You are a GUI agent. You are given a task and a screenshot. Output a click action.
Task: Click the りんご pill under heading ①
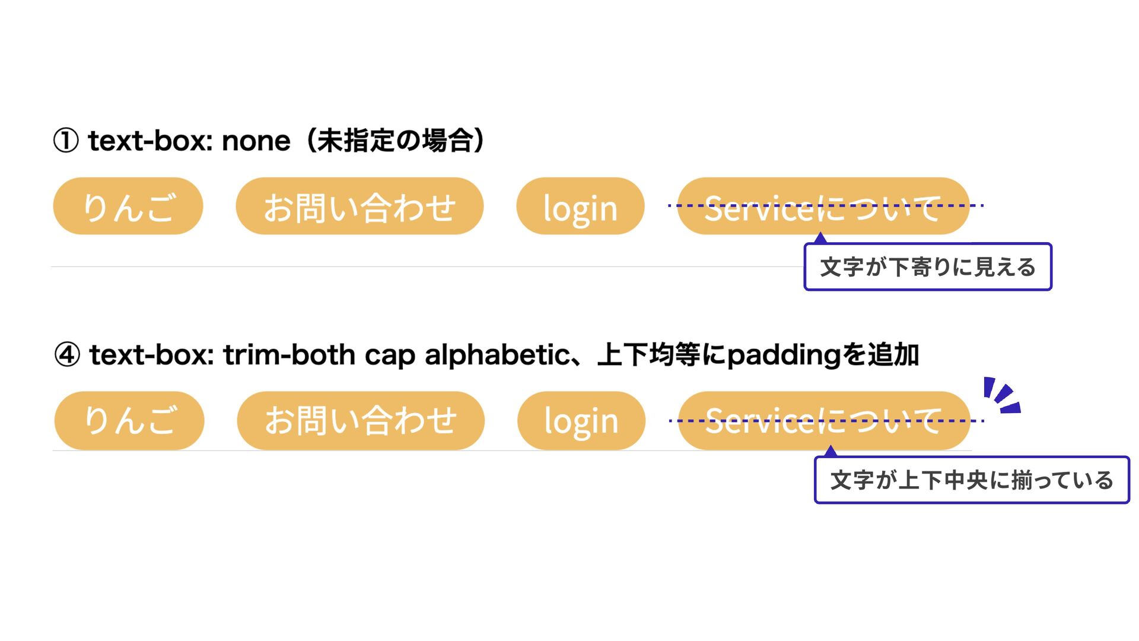128,206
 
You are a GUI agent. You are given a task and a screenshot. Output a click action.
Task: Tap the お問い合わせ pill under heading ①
359,206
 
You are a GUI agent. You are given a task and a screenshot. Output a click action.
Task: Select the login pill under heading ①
580,206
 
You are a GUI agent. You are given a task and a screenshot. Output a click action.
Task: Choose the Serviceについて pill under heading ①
823,206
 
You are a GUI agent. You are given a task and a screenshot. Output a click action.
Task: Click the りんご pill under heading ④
129,420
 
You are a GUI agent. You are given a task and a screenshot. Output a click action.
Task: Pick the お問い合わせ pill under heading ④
361,420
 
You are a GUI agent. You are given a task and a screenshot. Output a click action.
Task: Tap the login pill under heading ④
581,420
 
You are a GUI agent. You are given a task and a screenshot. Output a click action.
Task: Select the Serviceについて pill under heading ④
824,420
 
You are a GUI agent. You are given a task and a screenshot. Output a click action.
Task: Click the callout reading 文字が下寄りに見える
927,267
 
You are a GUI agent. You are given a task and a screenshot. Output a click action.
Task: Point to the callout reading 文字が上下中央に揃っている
972,480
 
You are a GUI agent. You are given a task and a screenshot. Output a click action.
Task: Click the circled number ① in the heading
66,141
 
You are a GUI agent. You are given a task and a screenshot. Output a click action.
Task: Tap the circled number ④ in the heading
67,356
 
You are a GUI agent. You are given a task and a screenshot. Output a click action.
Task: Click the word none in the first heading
256,141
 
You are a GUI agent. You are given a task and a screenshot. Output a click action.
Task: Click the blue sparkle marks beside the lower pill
1001,395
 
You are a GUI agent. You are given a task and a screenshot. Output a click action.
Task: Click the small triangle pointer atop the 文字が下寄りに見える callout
820,239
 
